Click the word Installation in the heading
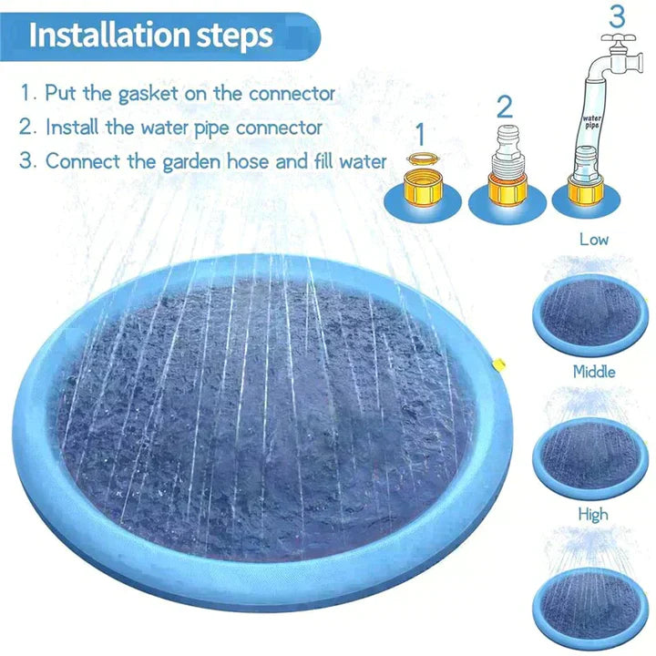point(108,35)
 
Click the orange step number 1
point(420,133)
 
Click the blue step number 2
point(505,107)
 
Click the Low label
point(593,240)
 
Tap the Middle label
point(593,372)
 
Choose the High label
point(593,515)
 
